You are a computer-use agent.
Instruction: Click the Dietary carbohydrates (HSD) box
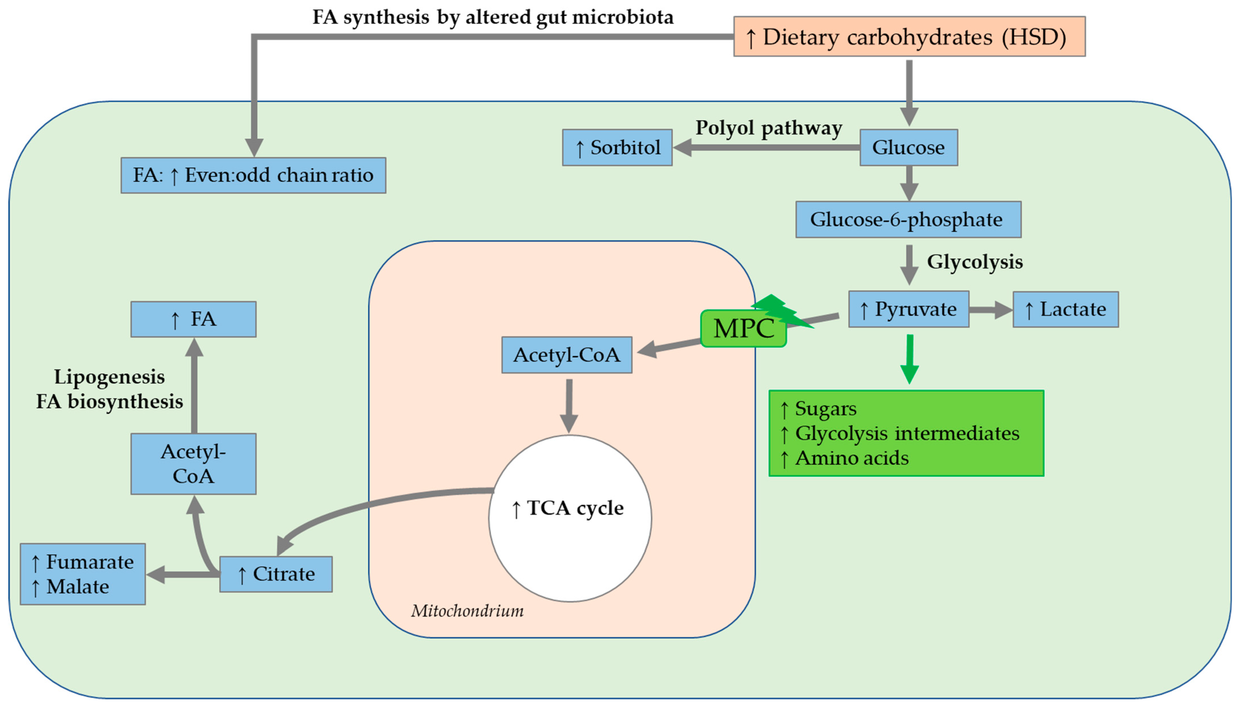[909, 37]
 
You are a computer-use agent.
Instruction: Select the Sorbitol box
[617, 147]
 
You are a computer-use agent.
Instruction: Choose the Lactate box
[1065, 309]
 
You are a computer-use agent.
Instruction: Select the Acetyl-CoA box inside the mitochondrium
[567, 355]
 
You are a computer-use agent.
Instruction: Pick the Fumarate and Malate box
[82, 574]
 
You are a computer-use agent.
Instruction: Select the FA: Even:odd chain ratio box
[253, 175]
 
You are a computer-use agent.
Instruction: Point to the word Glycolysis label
[974, 262]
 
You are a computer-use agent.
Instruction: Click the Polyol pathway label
[768, 128]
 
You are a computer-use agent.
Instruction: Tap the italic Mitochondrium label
[467, 610]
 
